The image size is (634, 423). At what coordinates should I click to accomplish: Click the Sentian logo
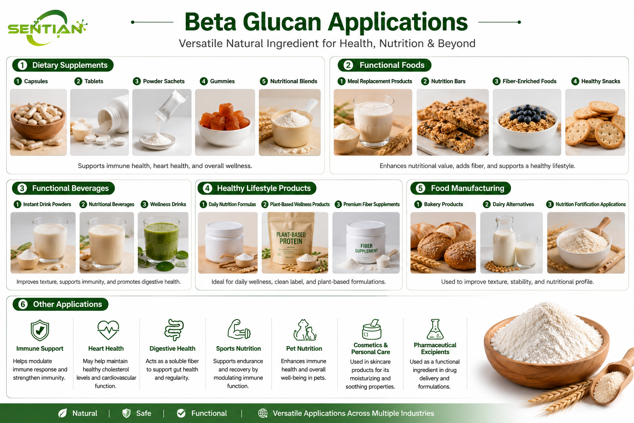pos(47,28)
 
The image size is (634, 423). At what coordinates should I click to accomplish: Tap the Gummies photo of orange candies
pos(225,122)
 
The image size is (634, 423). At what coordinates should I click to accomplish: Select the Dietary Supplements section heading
pos(63,65)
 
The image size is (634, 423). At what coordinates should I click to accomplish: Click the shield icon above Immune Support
pos(40,330)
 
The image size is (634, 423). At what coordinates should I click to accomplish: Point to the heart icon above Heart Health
pos(108,330)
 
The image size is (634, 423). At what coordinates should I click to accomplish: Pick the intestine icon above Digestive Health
pos(174,330)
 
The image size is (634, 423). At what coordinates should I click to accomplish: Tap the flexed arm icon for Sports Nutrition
pos(239,329)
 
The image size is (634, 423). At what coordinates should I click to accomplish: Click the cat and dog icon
pos(305,330)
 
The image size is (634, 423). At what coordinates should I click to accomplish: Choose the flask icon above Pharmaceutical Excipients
pos(435,329)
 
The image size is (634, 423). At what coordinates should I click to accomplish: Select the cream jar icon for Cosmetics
pos(371,329)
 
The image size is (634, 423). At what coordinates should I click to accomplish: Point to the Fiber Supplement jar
pos(366,242)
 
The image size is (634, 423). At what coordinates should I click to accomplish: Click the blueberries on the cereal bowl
pos(528,113)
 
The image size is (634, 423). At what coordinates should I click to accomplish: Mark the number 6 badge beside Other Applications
pos(23,304)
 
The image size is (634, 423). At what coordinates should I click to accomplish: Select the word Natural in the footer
pos(85,413)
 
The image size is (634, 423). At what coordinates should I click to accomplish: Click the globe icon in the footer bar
pos(263,413)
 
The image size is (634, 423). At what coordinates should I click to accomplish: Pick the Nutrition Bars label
pos(448,81)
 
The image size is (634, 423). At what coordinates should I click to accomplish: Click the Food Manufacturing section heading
pos(461,188)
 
